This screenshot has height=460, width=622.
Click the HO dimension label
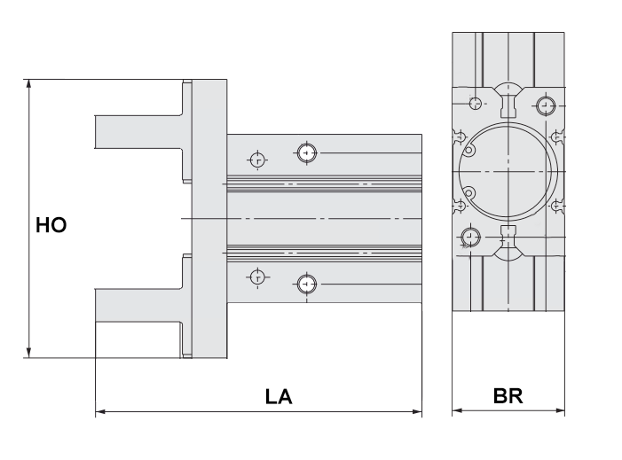pyautogui.click(x=51, y=224)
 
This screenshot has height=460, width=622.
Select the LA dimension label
pyautogui.click(x=278, y=396)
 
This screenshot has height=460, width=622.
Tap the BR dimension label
pyautogui.click(x=508, y=396)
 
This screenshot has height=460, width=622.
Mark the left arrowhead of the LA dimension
pyautogui.click(x=100, y=411)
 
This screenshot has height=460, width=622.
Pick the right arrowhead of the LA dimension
pyautogui.click(x=416, y=411)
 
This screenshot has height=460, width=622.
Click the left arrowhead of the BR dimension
pyautogui.click(x=458, y=411)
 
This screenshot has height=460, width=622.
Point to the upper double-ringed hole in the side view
pyautogui.click(x=307, y=153)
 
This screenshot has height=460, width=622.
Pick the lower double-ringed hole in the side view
pyautogui.click(x=307, y=284)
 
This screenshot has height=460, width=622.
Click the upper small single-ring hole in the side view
pyautogui.click(x=257, y=160)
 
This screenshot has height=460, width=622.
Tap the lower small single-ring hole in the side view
pyautogui.click(x=257, y=277)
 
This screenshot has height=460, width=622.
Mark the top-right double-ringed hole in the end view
pyautogui.click(x=545, y=106)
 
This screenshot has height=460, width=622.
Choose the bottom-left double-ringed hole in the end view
pyautogui.click(x=469, y=236)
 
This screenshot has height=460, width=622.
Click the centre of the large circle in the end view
pyautogui.click(x=508, y=168)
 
